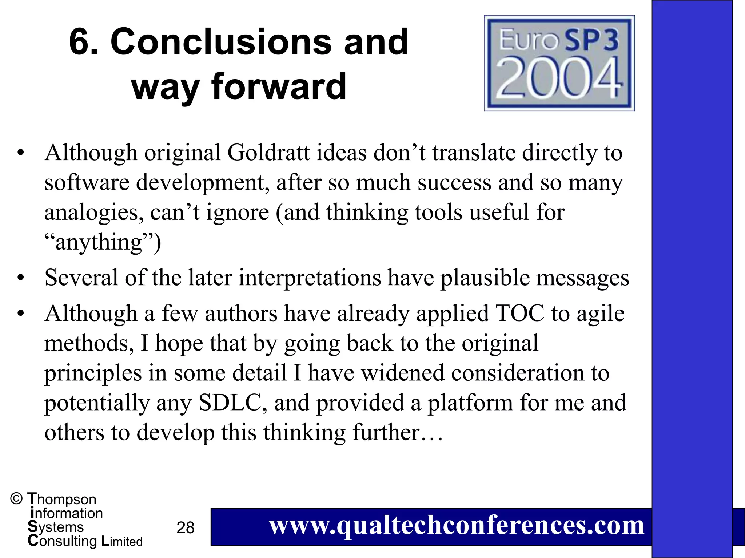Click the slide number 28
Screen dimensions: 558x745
(186, 528)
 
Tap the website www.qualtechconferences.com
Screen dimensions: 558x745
(457, 526)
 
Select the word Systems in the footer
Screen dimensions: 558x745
(56, 527)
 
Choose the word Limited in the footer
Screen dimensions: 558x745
(122, 541)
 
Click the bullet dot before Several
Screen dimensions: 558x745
(21, 278)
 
